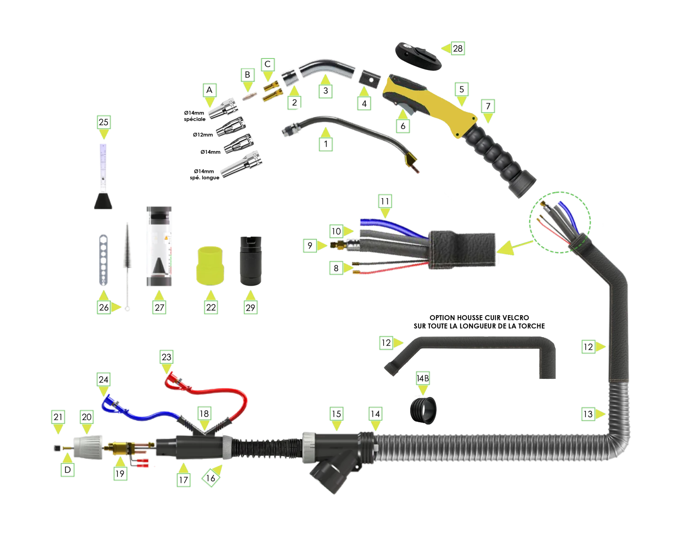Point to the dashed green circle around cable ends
[560, 221]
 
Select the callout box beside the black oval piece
[458, 48]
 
